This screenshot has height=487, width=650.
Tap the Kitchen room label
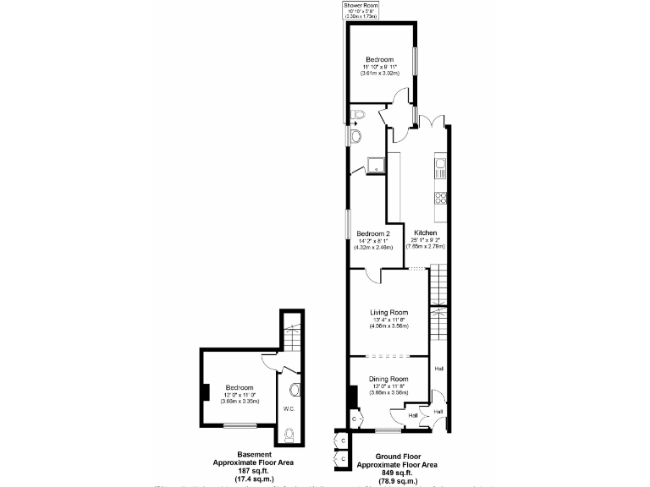coord(425,233)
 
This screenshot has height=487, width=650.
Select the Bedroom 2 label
coord(372,233)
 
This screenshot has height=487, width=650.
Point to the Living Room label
coord(388,311)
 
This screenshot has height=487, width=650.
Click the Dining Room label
coord(389,379)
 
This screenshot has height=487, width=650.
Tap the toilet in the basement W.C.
coord(289,435)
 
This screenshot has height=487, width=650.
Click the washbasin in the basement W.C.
coord(294,390)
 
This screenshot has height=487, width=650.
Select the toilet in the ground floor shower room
coord(357,114)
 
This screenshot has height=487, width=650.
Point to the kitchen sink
coord(439,167)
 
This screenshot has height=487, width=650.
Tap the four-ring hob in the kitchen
coord(440,200)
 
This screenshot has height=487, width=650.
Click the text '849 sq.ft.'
coord(396,473)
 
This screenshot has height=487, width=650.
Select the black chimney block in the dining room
coord(353,396)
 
